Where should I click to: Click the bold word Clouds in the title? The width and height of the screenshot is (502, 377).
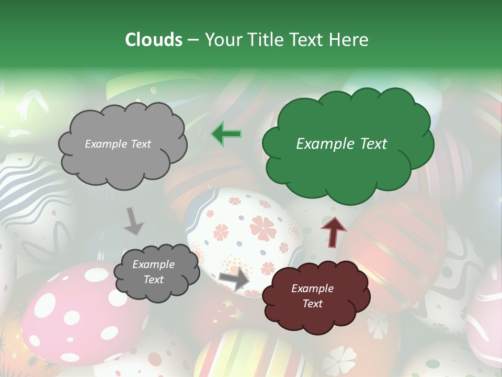pos(154,40)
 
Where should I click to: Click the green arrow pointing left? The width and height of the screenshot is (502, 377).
pos(226,134)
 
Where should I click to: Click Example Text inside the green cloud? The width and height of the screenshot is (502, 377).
pos(341,144)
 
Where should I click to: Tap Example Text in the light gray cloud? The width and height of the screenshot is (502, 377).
pos(118,144)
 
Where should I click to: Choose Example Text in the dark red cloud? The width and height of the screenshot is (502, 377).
pos(312,296)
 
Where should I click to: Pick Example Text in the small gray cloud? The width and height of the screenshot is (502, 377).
pos(153,272)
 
